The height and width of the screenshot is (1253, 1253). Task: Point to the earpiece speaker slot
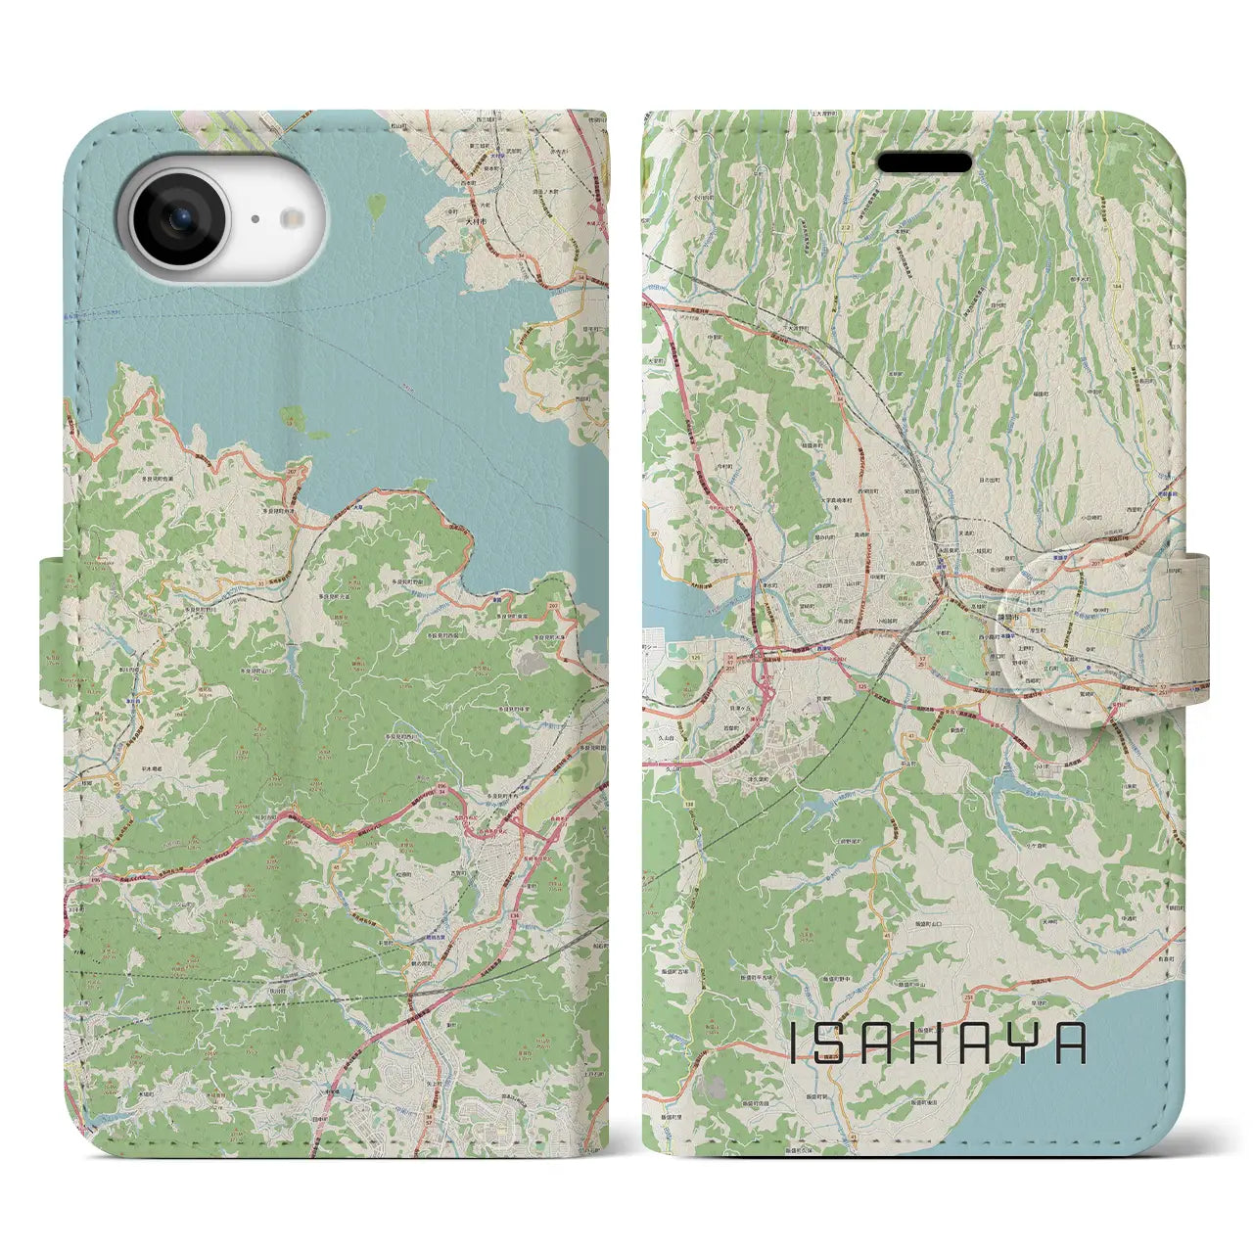[924, 162]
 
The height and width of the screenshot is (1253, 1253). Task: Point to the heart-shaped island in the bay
[376, 207]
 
